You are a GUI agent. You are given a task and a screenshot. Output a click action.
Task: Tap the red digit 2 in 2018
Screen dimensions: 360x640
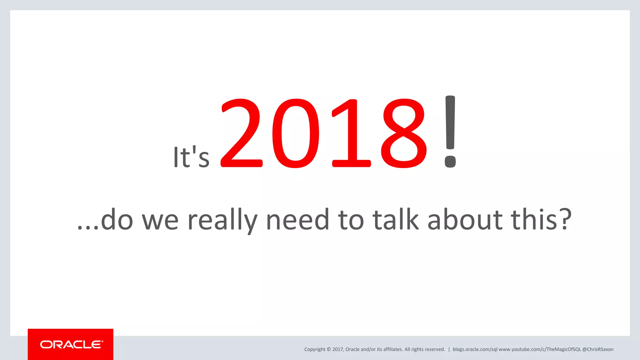241,133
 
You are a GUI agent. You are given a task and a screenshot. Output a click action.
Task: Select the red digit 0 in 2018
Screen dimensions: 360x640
296,133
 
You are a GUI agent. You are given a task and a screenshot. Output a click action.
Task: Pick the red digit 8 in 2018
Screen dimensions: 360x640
404,133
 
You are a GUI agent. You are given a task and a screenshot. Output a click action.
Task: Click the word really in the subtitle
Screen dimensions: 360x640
222,220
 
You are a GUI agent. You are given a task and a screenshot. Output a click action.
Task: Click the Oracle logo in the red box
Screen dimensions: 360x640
71,344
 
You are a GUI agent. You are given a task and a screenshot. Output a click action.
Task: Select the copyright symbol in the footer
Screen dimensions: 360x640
329,349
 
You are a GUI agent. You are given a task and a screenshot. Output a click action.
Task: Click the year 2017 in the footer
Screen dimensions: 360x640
337,349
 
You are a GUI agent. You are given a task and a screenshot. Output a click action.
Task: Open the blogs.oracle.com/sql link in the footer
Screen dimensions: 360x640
475,349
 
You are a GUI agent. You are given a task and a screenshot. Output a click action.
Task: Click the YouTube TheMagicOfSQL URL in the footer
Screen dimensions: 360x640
540,349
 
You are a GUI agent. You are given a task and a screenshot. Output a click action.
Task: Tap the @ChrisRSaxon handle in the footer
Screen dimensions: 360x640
598,349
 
